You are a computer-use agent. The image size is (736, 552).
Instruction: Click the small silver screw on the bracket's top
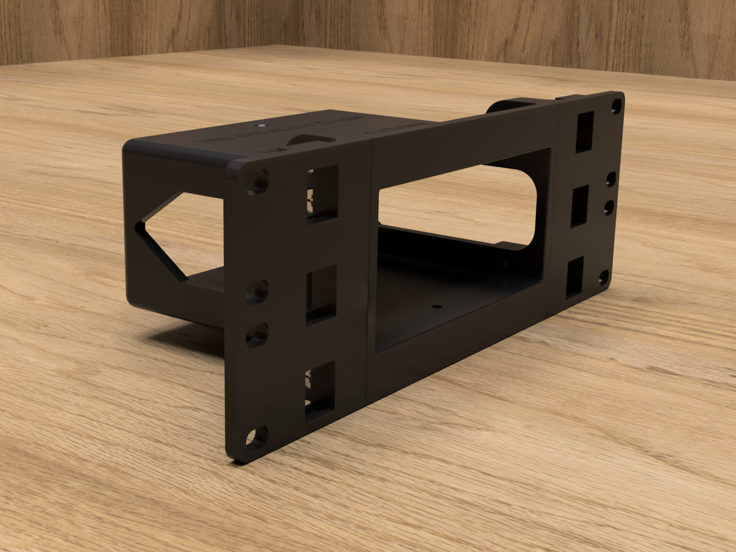(x=261, y=124)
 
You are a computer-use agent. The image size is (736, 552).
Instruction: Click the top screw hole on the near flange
(x=258, y=181)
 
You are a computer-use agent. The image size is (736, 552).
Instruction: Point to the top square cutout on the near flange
(x=322, y=194)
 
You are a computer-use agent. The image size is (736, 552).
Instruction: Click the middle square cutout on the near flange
(x=321, y=294)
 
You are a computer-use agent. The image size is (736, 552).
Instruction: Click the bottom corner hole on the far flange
(x=604, y=278)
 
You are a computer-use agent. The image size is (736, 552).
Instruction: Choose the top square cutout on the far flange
(x=585, y=132)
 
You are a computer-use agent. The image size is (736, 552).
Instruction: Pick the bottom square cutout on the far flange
(x=575, y=277)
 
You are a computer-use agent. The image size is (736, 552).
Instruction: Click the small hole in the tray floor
(x=436, y=307)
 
